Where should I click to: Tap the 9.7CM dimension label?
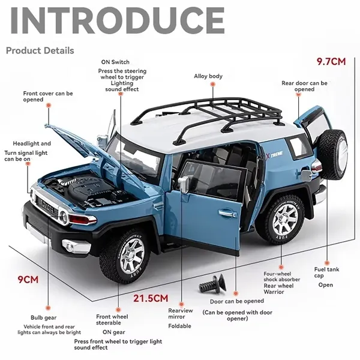click(331, 61)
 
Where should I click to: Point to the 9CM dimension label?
click(27, 280)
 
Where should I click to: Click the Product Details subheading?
click(40, 50)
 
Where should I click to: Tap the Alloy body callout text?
click(208, 76)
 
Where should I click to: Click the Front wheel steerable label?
click(112, 320)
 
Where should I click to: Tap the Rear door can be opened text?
click(304, 86)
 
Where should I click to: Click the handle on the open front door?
click(227, 212)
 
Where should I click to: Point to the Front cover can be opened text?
click(48, 97)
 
